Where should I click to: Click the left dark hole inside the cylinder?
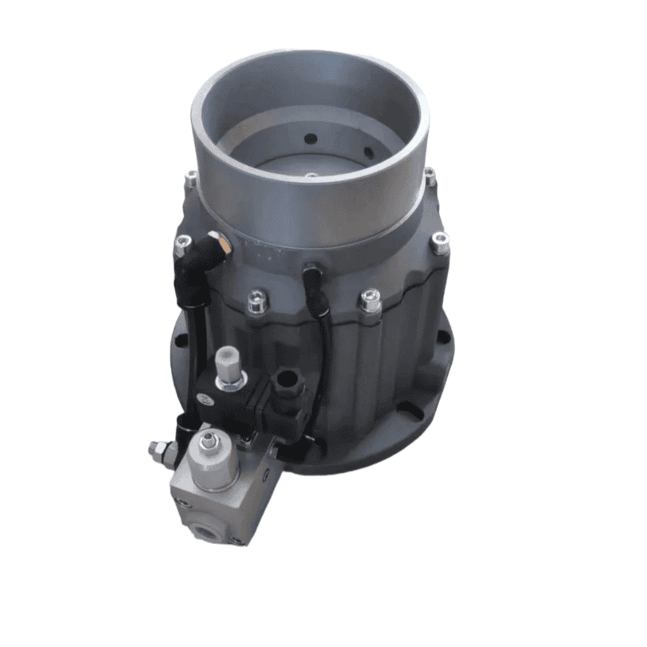[310, 137]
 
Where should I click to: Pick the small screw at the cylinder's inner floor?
[312, 175]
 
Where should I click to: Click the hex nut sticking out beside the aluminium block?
[157, 448]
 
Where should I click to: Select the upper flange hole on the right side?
[444, 336]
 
